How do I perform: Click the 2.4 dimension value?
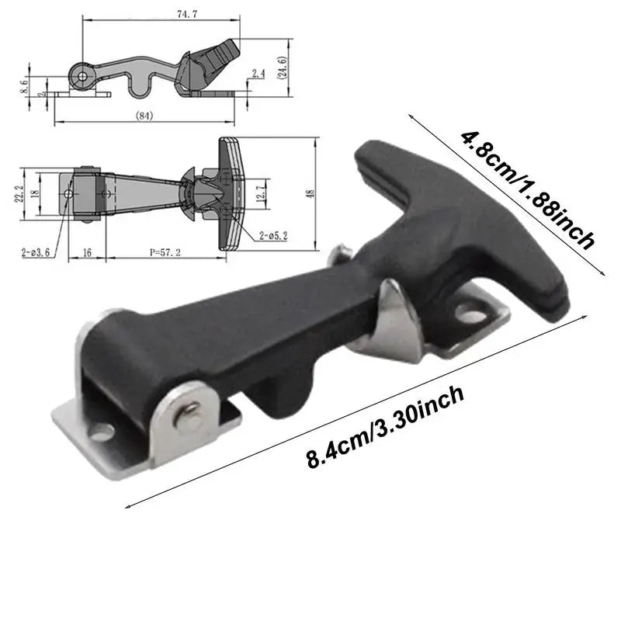pyautogui.click(x=258, y=75)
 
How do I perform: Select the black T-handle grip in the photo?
pyautogui.click(x=458, y=217)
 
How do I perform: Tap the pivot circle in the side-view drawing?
pyautogui.click(x=82, y=75)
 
